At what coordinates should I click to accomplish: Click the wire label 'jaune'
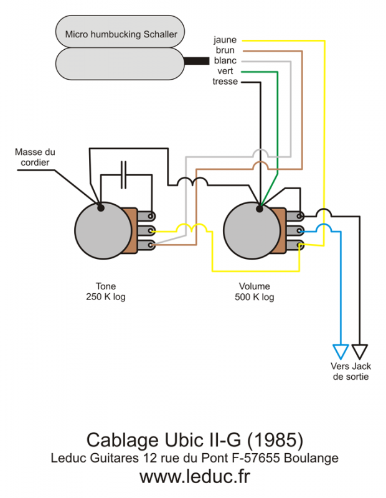coord(225,40)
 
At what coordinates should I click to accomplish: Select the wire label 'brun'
coord(226,50)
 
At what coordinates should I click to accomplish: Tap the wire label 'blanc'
coord(225,60)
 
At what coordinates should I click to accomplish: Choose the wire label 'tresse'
coord(224,82)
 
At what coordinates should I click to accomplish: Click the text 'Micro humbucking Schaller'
coord(121,34)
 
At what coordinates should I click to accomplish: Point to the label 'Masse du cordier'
coord(35,157)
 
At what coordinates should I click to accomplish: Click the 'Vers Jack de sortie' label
coord(351,372)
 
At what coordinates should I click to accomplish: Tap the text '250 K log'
coord(106,297)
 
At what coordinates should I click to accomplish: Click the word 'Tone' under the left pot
coord(106,286)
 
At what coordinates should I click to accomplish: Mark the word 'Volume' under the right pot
coord(254,286)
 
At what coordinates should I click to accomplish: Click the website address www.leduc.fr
coord(194,477)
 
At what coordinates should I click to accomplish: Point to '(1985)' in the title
coord(275,440)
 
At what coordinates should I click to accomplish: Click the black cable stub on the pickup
coord(196,61)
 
